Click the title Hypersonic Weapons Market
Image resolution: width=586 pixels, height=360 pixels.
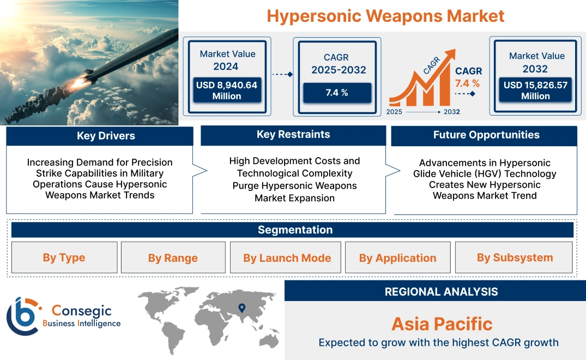(385, 16)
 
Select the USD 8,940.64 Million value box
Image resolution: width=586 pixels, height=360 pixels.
(226, 90)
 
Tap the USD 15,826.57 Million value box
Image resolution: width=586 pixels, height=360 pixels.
(535, 90)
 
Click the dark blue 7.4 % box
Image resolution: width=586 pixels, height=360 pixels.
(337, 93)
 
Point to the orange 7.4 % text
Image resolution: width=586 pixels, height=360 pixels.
(467, 83)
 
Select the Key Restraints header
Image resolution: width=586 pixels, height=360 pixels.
(293, 135)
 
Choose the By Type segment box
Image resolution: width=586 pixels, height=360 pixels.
(64, 257)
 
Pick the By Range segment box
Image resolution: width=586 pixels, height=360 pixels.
(173, 258)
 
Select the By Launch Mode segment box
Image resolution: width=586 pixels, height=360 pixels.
(287, 258)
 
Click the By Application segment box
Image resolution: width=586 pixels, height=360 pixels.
(397, 258)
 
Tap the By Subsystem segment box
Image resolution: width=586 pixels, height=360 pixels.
(514, 257)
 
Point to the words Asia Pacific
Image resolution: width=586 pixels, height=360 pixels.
(442, 324)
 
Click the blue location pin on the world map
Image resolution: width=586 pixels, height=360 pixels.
(242, 309)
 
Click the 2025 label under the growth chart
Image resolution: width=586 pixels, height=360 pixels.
(395, 111)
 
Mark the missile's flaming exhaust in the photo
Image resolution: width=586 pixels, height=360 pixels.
(78, 82)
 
